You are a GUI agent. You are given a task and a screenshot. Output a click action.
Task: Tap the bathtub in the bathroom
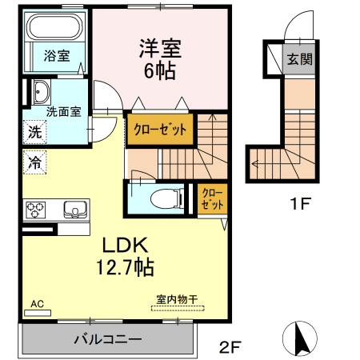pyautogui.click(x=54, y=30)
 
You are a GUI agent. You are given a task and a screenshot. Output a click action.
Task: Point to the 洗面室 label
pyautogui.click(x=62, y=111)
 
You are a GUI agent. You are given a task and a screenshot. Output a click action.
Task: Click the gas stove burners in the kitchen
pyautogui.click(x=37, y=210)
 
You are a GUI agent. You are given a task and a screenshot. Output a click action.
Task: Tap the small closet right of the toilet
pyautogui.click(x=210, y=198)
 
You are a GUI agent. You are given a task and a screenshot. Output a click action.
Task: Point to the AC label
pyautogui.click(x=38, y=304)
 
